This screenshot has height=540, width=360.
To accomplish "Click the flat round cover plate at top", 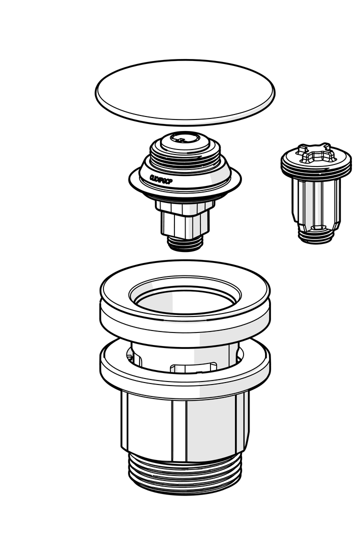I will click(x=185, y=92).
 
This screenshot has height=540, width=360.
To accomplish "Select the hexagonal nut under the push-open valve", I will click(x=185, y=206).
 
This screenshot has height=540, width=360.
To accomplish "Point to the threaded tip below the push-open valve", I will click(x=185, y=243).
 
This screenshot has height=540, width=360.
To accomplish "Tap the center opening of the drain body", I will click(x=185, y=302).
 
